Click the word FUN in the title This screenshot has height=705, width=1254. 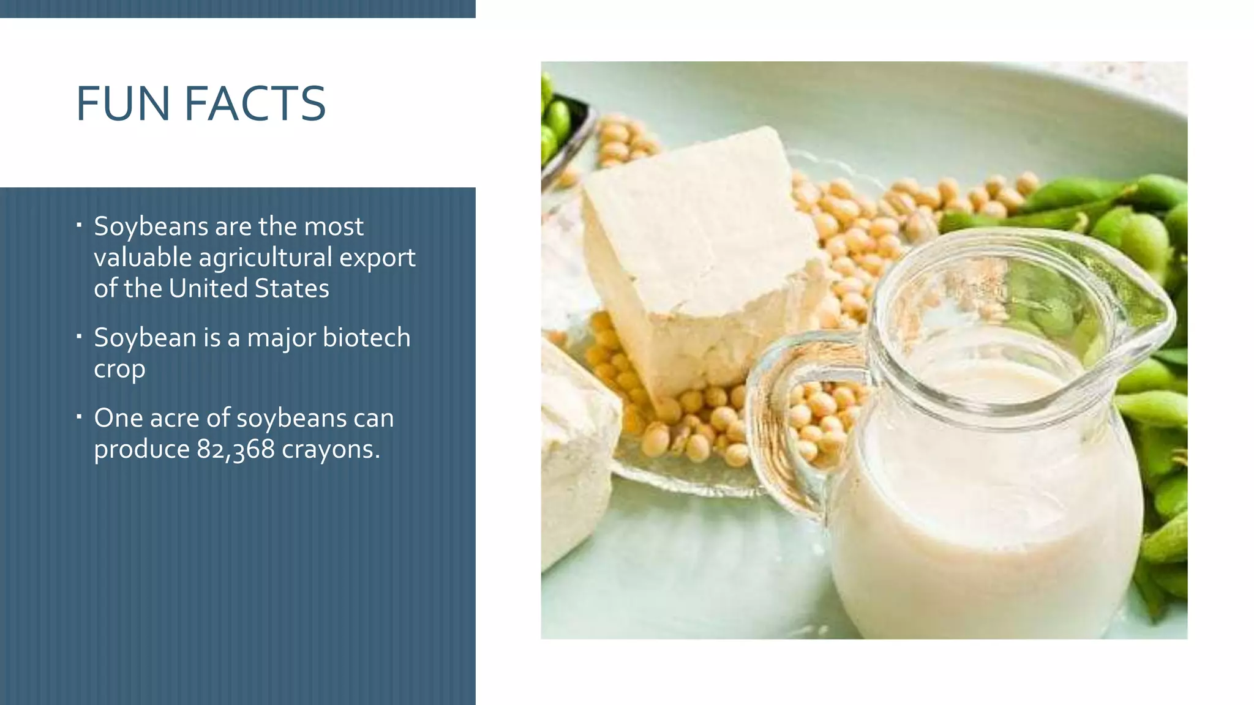pyautogui.click(x=122, y=103)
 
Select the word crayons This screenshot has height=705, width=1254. pyautogui.click(x=331, y=449)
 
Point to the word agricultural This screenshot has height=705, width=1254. pyautogui.click(x=265, y=258)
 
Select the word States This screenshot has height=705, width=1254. pyautogui.click(x=291, y=288)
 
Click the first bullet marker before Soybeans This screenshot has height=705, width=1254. pyautogui.click(x=79, y=226)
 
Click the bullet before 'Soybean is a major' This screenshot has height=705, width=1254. pyautogui.click(x=79, y=337)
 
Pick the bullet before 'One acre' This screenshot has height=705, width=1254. pyautogui.click(x=79, y=417)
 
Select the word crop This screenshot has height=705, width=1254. pyautogui.click(x=119, y=370)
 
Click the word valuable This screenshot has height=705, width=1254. pyautogui.click(x=143, y=258)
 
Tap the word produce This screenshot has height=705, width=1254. pyautogui.click(x=141, y=450)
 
